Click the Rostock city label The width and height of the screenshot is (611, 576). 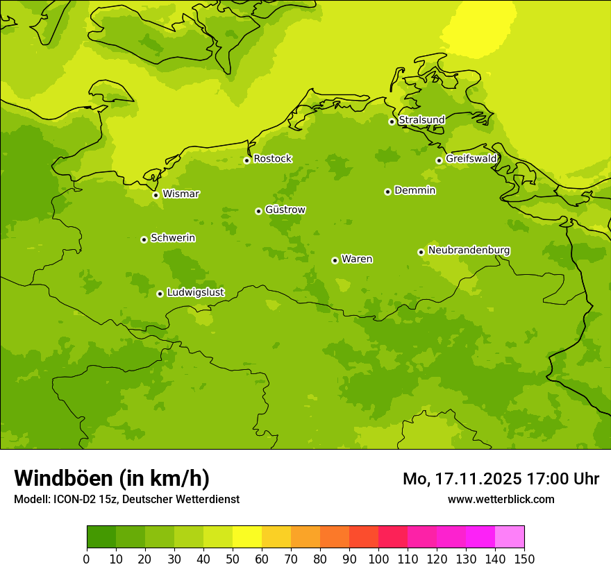click(x=272, y=159)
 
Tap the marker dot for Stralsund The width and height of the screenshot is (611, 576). click(x=392, y=121)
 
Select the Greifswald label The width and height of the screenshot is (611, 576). click(x=471, y=159)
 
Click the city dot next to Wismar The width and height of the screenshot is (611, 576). click(x=156, y=195)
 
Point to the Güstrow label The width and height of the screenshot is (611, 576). click(x=285, y=210)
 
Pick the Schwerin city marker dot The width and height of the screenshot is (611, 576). click(x=144, y=239)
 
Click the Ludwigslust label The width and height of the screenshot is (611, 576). click(x=195, y=293)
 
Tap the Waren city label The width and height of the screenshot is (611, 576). click(x=356, y=260)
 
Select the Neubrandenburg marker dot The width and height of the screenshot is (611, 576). click(x=421, y=252)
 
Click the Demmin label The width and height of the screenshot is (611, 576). click(x=415, y=191)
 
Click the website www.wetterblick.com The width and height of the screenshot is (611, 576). click(x=501, y=500)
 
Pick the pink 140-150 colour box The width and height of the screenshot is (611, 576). click(x=509, y=537)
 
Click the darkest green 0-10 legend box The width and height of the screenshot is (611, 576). click(x=101, y=537)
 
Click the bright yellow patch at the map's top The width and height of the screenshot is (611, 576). click(x=479, y=28)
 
